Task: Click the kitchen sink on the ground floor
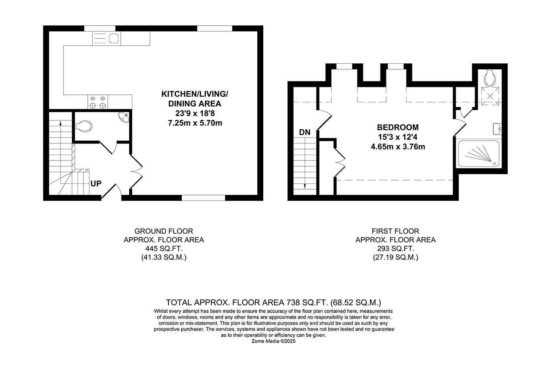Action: click(x=107, y=39)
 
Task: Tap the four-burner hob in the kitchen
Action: click(x=98, y=102)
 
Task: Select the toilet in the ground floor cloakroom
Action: click(x=83, y=126)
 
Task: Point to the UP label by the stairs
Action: click(x=96, y=184)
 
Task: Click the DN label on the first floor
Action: click(x=305, y=133)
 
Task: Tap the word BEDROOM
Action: click(x=398, y=127)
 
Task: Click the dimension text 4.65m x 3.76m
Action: click(x=398, y=147)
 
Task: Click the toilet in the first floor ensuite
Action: click(x=490, y=78)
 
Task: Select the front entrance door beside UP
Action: click(x=110, y=190)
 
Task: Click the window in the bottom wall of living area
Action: click(x=203, y=198)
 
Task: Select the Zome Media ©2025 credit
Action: click(x=273, y=341)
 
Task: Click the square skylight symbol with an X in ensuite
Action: click(x=490, y=96)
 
